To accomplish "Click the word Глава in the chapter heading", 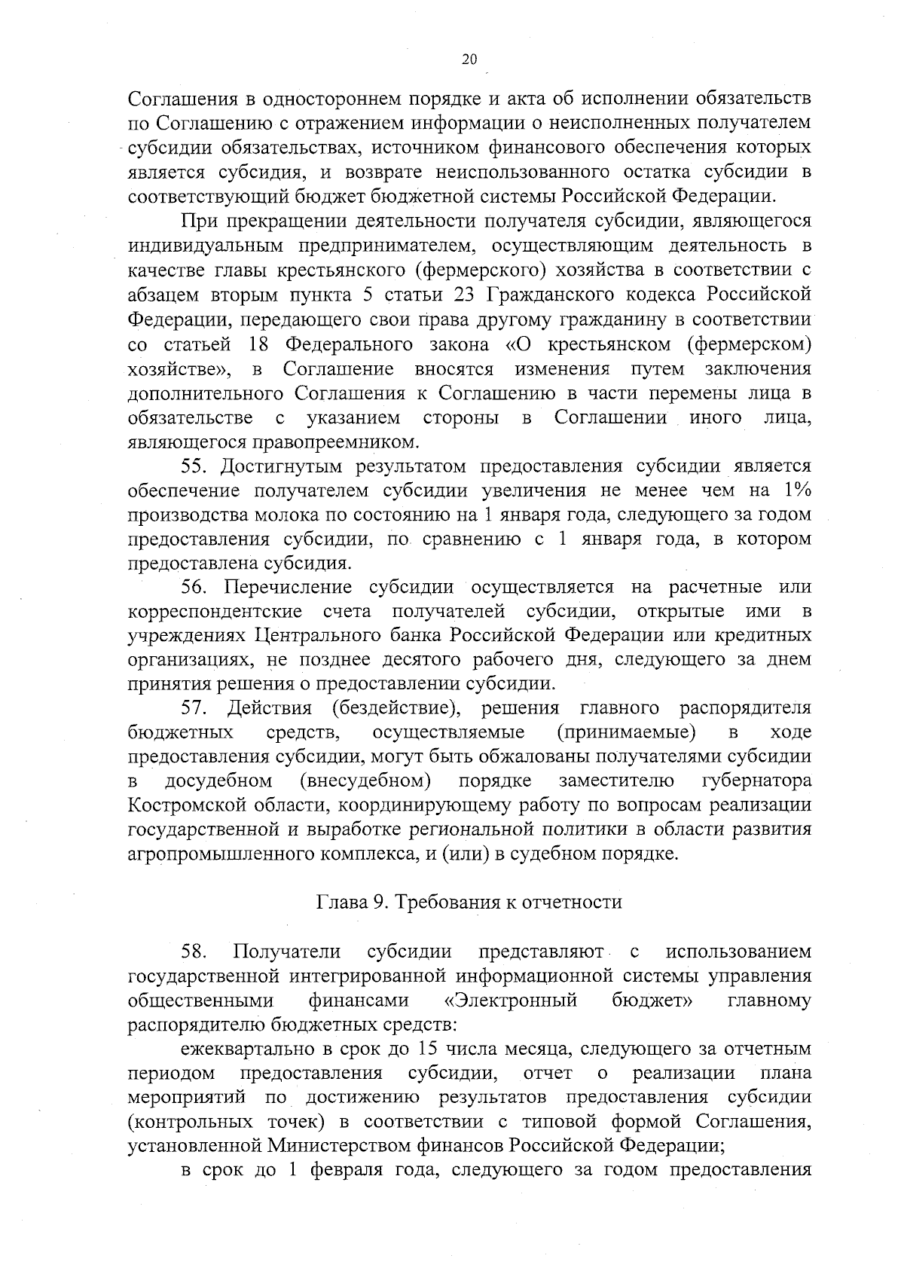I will [342, 902].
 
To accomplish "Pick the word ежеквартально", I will [252, 1049].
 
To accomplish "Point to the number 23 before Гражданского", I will [464, 295].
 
